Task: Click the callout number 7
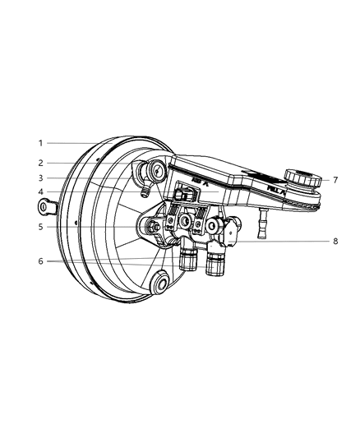(x=325, y=180)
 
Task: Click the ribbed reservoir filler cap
(x=295, y=178)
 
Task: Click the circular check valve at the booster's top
(x=154, y=171)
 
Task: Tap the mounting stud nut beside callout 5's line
(x=154, y=226)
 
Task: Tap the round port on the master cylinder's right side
(x=212, y=225)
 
